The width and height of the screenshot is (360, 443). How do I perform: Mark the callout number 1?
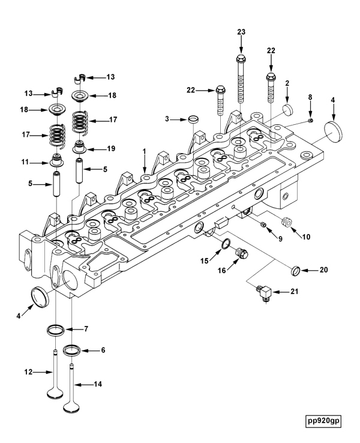tap(144, 153)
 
